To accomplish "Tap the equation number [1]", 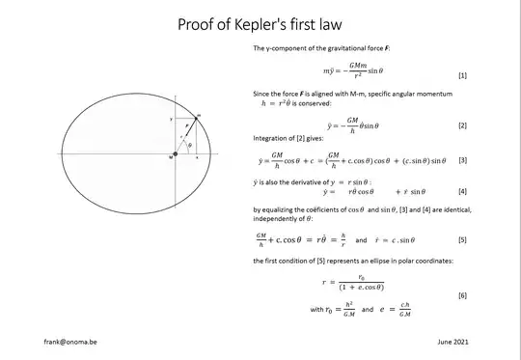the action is (x=461, y=74).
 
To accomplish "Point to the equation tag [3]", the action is (x=461, y=160).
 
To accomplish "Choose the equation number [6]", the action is (x=461, y=293).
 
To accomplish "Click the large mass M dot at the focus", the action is (x=177, y=153).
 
